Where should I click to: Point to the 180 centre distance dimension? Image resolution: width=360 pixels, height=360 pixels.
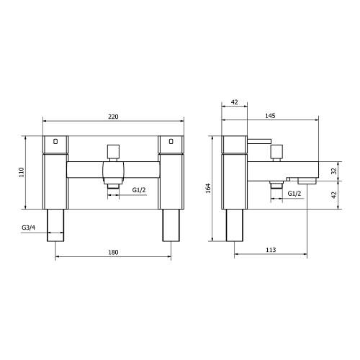[113, 253]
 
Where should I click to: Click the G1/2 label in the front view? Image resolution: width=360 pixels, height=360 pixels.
[139, 189]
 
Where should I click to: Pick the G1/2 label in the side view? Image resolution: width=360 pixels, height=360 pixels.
[294, 194]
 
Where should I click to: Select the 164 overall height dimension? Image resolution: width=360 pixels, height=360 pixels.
[208, 188]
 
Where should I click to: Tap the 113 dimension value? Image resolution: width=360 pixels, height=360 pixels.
[271, 250]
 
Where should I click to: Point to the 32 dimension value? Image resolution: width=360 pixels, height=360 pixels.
[333, 171]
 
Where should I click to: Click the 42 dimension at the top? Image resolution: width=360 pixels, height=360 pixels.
[234, 103]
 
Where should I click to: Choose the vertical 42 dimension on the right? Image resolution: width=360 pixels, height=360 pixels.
[333, 194]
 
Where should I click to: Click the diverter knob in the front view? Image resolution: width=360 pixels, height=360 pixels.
[112, 152]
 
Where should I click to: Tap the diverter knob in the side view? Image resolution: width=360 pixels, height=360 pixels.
[275, 152]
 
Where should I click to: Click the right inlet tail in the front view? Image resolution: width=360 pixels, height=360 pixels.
[171, 225]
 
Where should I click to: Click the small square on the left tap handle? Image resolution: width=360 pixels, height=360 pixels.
[55, 141]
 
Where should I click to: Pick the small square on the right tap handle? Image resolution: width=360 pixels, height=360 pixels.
[171, 141]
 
